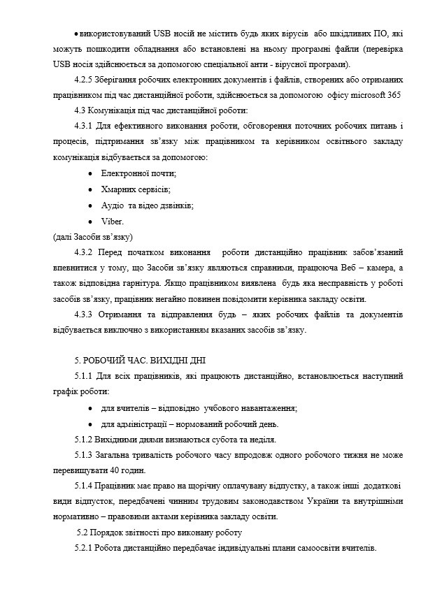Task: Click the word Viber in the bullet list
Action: point(111,221)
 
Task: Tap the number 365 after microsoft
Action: point(394,96)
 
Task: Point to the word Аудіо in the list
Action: point(113,205)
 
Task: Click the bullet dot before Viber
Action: point(91,222)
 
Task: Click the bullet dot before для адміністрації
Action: point(91,424)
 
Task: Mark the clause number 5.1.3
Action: point(84,455)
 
